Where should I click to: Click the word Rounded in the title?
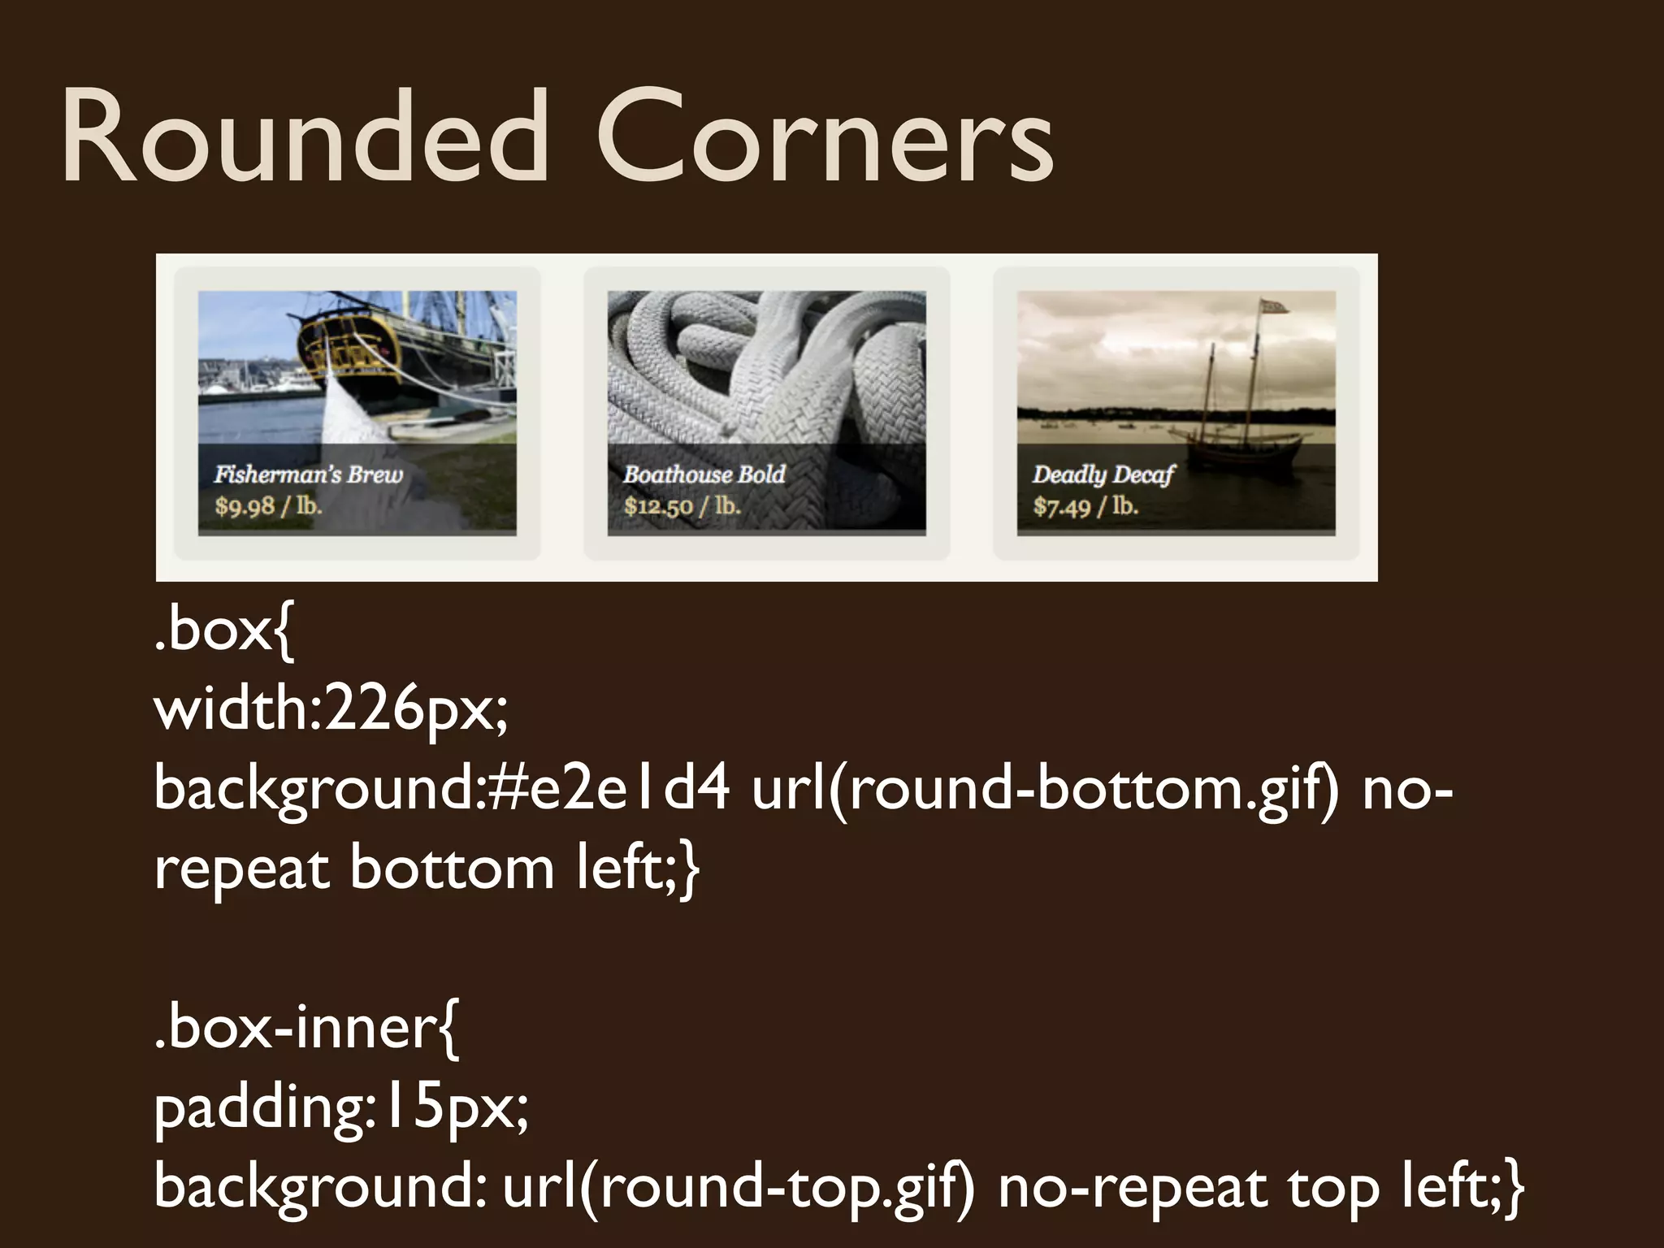pyautogui.click(x=305, y=138)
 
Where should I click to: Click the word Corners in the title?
pyautogui.click(x=825, y=138)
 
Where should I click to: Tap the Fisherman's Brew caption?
pyautogui.click(x=309, y=474)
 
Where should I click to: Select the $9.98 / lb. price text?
pyautogui.click(x=269, y=507)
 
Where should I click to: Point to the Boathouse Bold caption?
pyautogui.click(x=704, y=474)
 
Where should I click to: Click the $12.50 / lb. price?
pyautogui.click(x=682, y=507)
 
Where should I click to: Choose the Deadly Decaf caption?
pyautogui.click(x=1103, y=475)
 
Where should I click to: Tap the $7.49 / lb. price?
pyautogui.click(x=1085, y=507)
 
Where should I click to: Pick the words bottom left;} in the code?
pyautogui.click(x=524, y=868)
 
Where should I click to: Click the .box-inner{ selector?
pyautogui.click(x=306, y=1027)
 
